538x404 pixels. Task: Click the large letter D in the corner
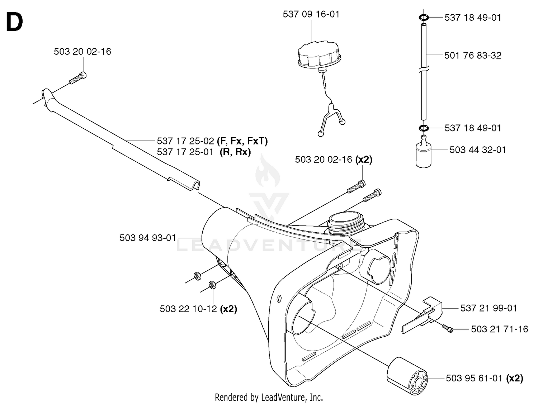(x=14, y=22)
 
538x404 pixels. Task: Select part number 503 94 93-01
(x=148, y=238)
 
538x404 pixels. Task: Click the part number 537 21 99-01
(x=489, y=308)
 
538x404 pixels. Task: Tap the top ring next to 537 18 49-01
(x=424, y=18)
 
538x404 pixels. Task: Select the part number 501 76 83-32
(x=473, y=55)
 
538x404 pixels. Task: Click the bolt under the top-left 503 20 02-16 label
(x=78, y=78)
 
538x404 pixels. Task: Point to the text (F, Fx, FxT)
(x=242, y=141)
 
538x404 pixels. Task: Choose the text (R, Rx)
(x=235, y=152)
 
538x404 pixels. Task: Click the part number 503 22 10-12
(x=188, y=309)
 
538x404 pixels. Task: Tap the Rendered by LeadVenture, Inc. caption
(x=269, y=397)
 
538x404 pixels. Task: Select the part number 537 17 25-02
(x=185, y=141)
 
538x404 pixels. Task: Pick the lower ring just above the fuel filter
(x=424, y=128)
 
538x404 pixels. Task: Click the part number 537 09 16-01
(x=311, y=14)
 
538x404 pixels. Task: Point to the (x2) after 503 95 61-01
(x=515, y=379)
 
